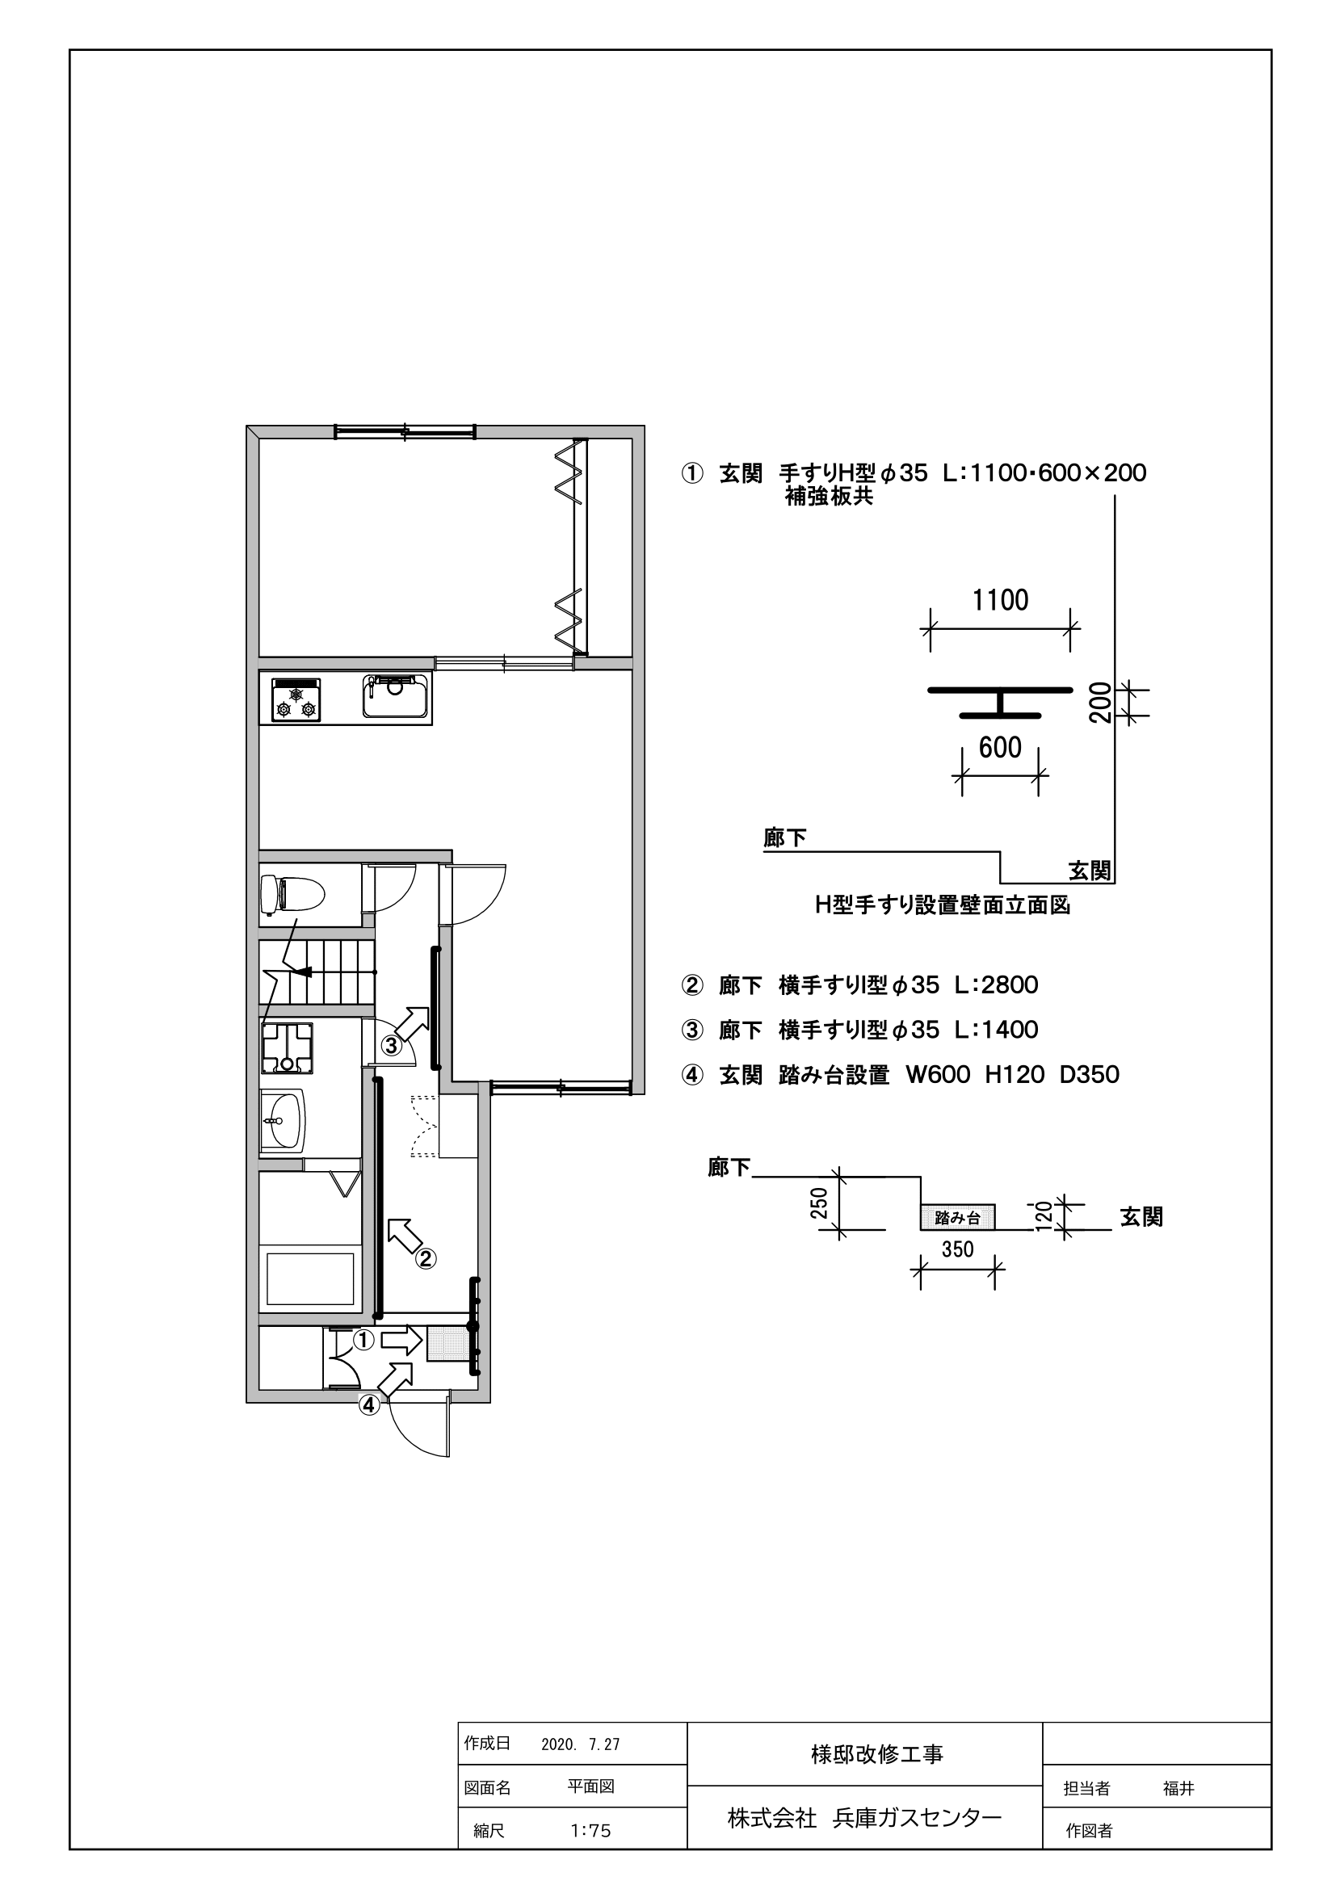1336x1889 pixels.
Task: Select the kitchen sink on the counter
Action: [x=396, y=695]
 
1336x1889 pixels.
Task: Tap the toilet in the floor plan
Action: [x=292, y=893]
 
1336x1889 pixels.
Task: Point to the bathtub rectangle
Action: [x=310, y=1278]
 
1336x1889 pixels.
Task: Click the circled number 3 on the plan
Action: [x=391, y=1046]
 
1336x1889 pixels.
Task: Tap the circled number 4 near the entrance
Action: [x=369, y=1405]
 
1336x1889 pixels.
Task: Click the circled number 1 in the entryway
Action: [x=363, y=1341]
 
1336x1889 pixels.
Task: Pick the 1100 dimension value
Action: [x=1000, y=601]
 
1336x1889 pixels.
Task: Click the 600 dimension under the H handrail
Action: [x=1000, y=748]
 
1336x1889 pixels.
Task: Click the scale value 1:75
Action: [x=590, y=1831]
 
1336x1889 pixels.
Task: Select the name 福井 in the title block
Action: [x=1178, y=1788]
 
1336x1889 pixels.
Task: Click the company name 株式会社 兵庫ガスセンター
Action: [x=864, y=1816]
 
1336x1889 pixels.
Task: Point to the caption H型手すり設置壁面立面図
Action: [x=943, y=905]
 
